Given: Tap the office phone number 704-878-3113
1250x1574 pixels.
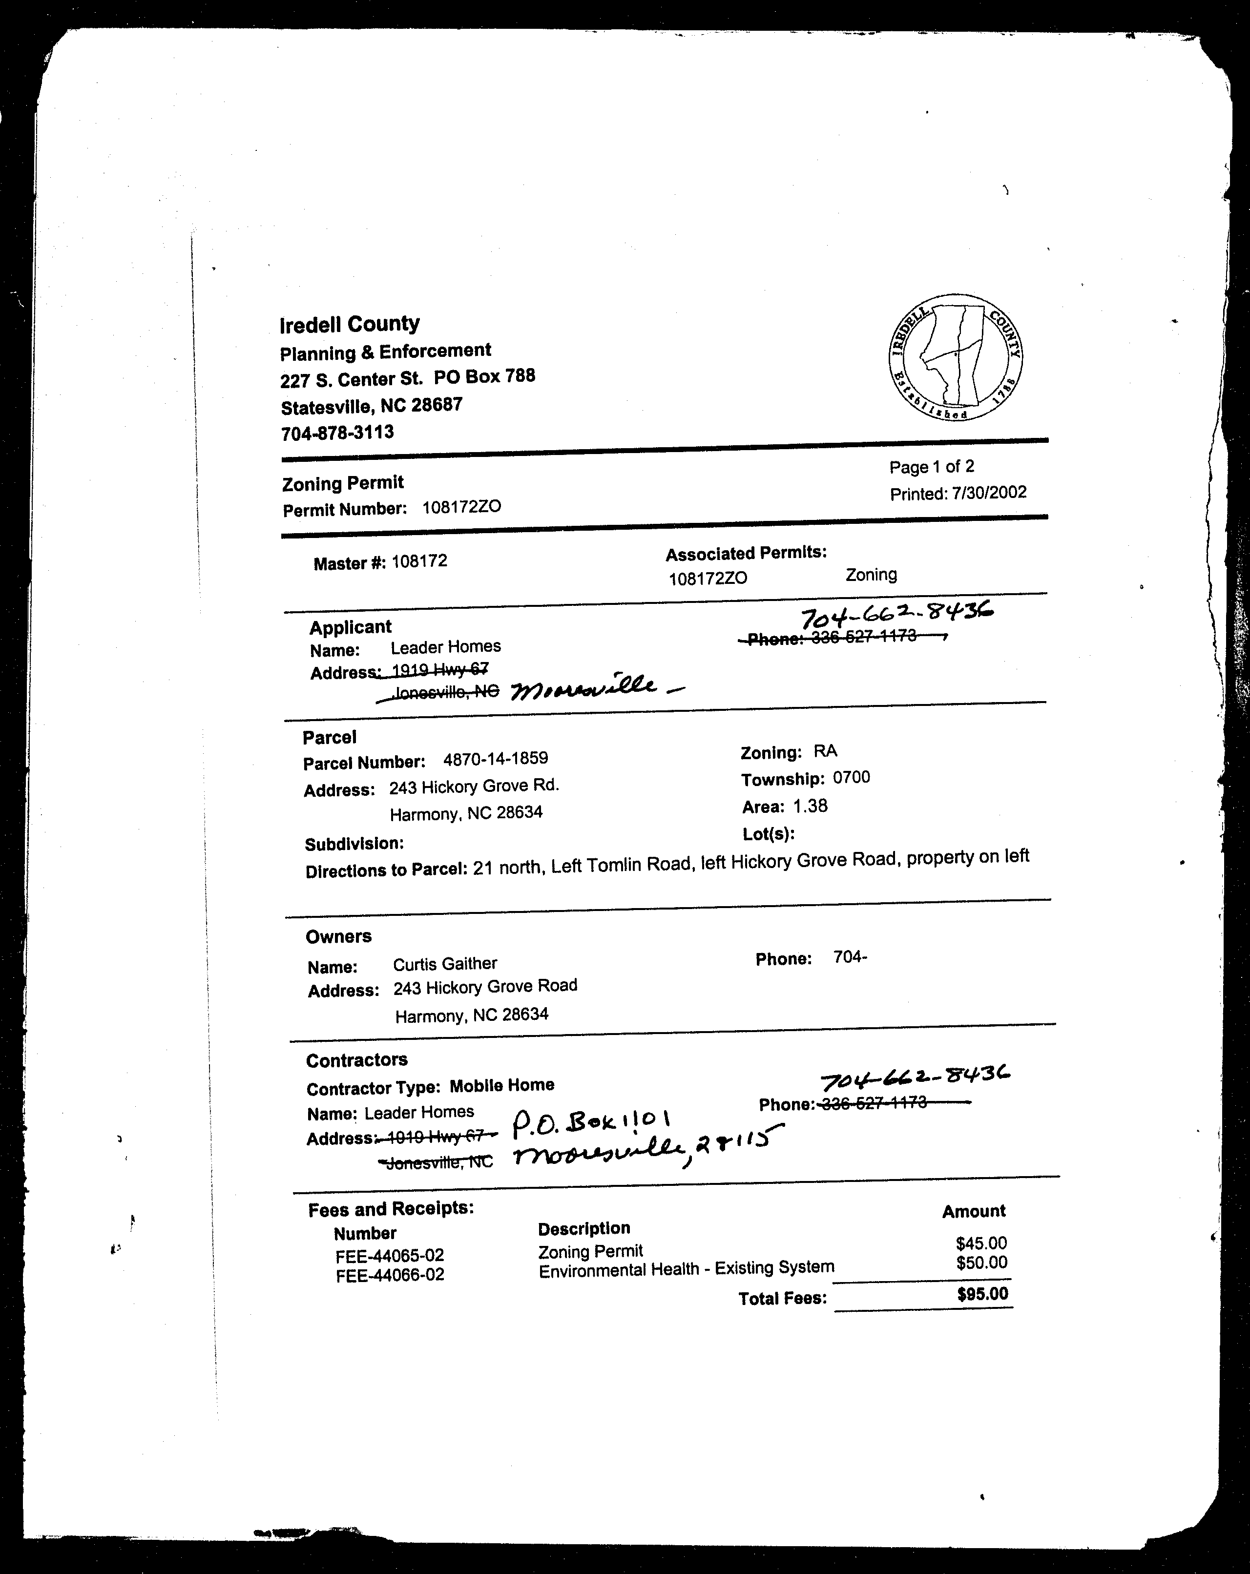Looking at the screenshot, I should pos(337,432).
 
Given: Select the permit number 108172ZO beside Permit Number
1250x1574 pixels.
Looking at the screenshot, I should pos(461,507).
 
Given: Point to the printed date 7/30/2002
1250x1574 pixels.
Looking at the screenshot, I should pos(989,493).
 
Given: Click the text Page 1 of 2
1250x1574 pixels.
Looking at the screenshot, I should pos(932,467).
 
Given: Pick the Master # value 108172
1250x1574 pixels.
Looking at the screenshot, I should pos(419,561).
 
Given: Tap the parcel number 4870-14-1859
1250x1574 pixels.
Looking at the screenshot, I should pos(495,759).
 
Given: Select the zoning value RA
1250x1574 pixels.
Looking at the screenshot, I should pos(825,751).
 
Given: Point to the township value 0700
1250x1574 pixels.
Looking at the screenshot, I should pos(852,778).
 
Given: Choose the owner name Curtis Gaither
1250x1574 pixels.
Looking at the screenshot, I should pos(445,964).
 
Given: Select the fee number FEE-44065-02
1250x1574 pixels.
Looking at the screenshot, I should pos(390,1256).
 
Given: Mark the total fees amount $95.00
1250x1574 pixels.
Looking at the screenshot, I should pos(982,1294).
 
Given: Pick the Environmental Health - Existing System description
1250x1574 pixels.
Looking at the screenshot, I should pos(687,1269).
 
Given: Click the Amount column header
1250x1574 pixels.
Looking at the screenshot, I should pos(973,1211).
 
